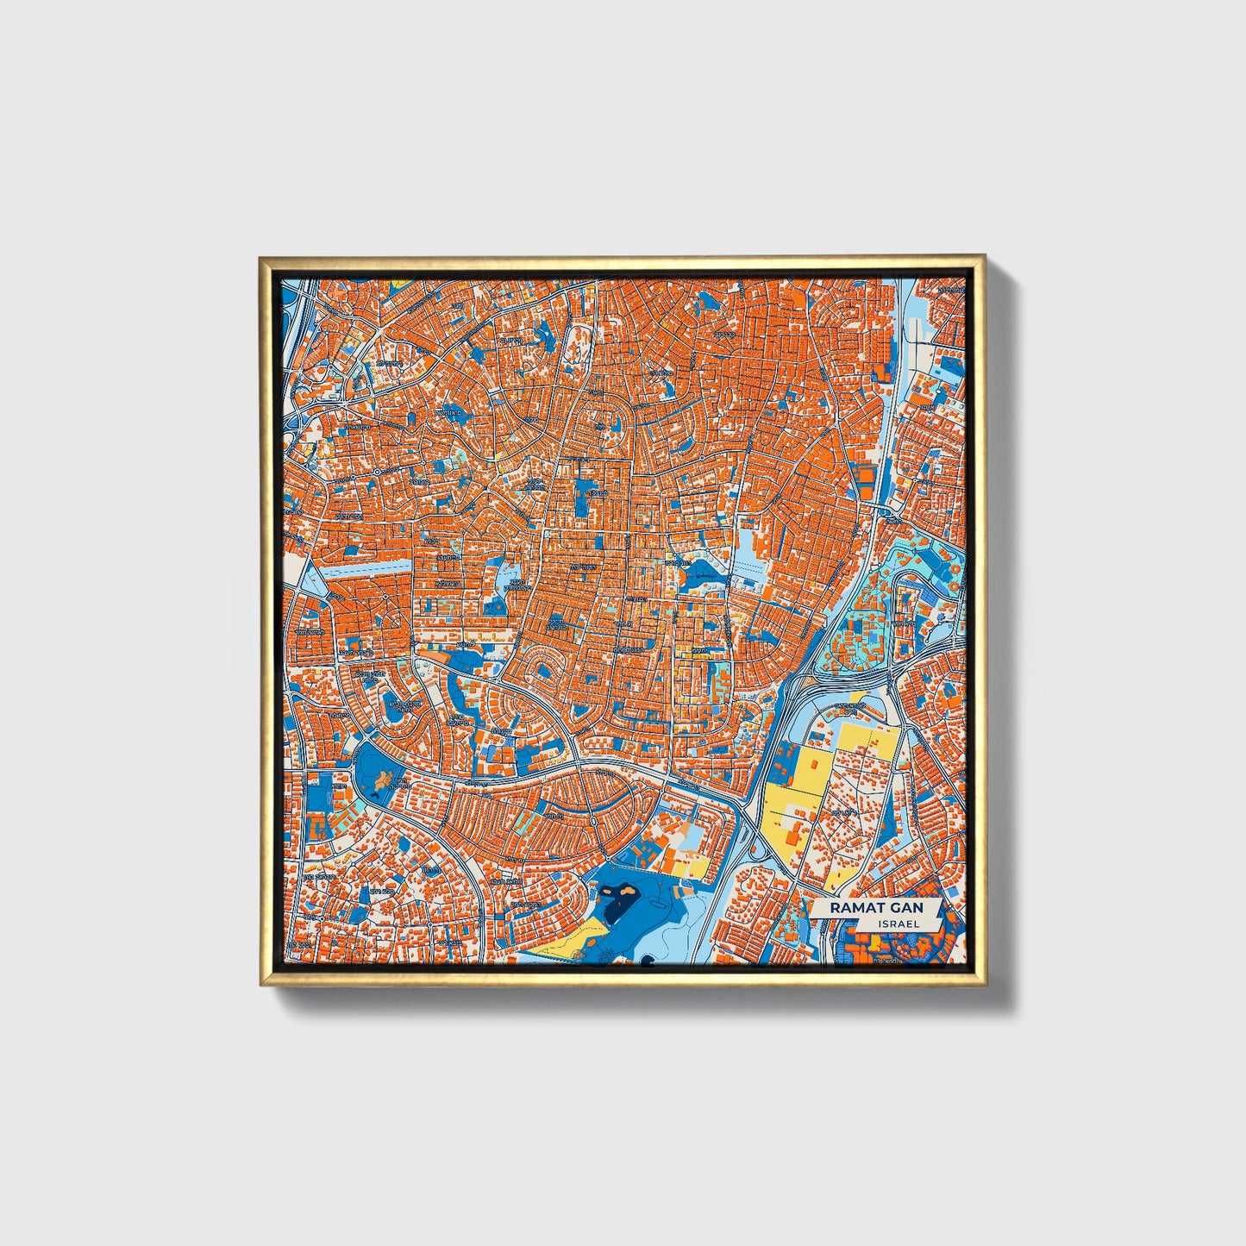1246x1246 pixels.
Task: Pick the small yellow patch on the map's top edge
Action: pos(400,283)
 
